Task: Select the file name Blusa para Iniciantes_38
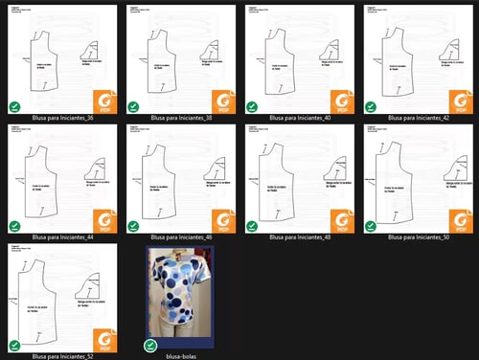click(x=180, y=118)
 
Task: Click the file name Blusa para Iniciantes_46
click(x=180, y=236)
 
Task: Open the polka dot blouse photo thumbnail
click(x=180, y=299)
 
